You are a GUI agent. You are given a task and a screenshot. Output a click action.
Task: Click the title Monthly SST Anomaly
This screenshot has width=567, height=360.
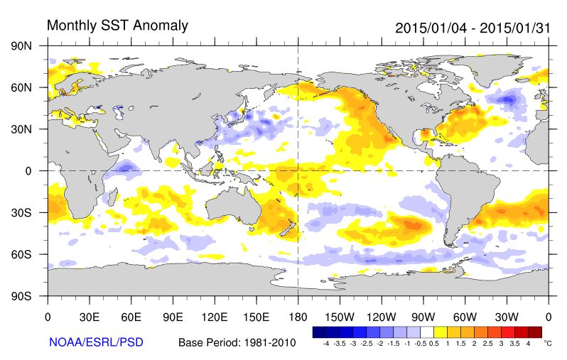click(x=117, y=26)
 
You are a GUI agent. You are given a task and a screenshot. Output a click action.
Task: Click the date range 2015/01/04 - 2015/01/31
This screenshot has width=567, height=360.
click(x=472, y=28)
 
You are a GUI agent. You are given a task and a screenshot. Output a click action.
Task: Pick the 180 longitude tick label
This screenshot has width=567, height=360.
click(x=298, y=316)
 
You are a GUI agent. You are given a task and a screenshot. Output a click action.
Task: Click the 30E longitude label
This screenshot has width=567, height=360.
click(x=89, y=316)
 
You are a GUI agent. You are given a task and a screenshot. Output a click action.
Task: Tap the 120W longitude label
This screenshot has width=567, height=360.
click(x=382, y=316)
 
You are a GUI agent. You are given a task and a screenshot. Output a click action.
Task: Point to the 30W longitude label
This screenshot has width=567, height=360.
click(x=507, y=316)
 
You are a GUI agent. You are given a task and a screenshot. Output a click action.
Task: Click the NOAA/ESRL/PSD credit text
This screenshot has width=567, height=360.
click(x=96, y=342)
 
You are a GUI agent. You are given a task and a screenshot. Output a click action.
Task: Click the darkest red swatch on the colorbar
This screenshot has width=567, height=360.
click(x=534, y=332)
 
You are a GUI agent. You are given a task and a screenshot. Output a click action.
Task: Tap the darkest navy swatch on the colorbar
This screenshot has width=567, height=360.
click(x=320, y=332)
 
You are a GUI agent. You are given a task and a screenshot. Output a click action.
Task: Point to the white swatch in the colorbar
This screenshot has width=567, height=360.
click(x=427, y=332)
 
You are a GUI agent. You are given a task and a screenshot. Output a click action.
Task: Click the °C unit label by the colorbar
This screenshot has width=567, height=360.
click(x=548, y=343)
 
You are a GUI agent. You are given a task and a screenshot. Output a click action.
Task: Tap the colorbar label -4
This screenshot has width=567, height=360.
click(x=326, y=343)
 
